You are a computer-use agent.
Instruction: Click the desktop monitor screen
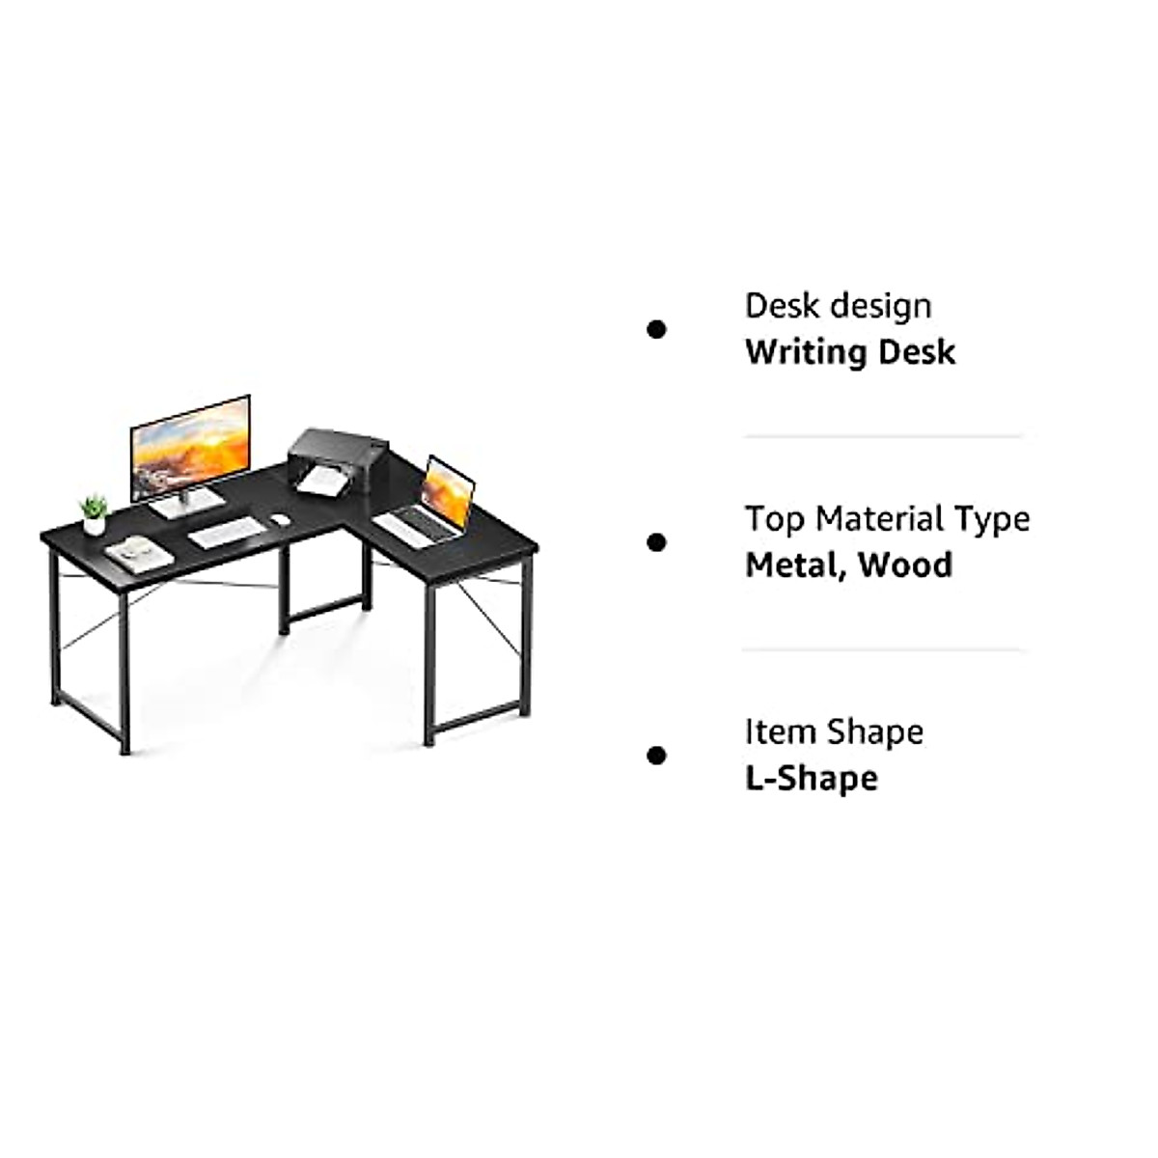(190, 447)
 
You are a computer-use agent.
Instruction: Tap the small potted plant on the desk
(94, 515)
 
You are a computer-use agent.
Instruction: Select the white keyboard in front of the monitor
(226, 532)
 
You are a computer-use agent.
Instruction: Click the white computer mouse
(280, 519)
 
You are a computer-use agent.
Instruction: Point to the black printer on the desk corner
(337, 461)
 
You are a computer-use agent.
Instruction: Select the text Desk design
(838, 306)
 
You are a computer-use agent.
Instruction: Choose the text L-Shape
(811, 778)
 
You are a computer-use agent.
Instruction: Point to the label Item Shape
(834, 731)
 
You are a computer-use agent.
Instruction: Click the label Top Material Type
(887, 519)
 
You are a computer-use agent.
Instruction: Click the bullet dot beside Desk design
(657, 330)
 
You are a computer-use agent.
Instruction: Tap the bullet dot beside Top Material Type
(657, 542)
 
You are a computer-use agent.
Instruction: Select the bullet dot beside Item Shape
(657, 756)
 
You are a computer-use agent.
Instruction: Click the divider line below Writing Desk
(882, 436)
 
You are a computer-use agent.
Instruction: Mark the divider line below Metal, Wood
(882, 649)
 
